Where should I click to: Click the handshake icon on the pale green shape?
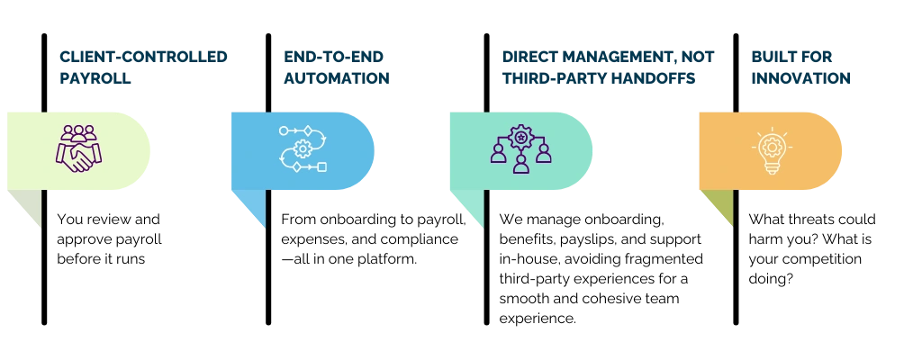click(x=78, y=148)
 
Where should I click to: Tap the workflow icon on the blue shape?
click(x=303, y=148)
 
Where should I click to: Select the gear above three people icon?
click(x=520, y=148)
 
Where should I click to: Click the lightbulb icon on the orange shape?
click(x=770, y=151)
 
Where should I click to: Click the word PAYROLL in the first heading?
click(x=96, y=79)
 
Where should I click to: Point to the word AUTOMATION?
click(x=335, y=79)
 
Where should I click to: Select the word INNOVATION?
click(x=801, y=79)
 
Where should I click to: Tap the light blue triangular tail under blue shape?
click(x=253, y=209)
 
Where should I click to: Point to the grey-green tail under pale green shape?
click(x=29, y=209)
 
